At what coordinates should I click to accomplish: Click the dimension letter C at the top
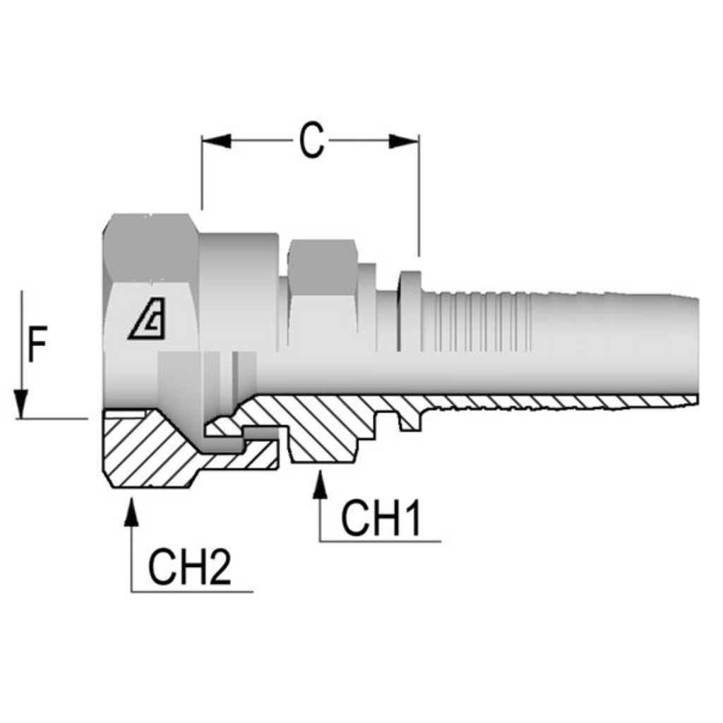tap(311, 141)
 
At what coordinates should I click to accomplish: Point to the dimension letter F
tap(37, 347)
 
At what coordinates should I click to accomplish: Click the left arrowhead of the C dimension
tap(216, 141)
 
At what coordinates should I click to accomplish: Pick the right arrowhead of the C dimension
tap(405, 141)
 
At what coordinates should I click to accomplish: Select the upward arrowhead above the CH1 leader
tap(321, 486)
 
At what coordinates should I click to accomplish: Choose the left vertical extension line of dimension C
tap(202, 173)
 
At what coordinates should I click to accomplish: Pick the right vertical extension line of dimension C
tap(419, 194)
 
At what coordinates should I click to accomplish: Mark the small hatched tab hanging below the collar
tap(410, 422)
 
